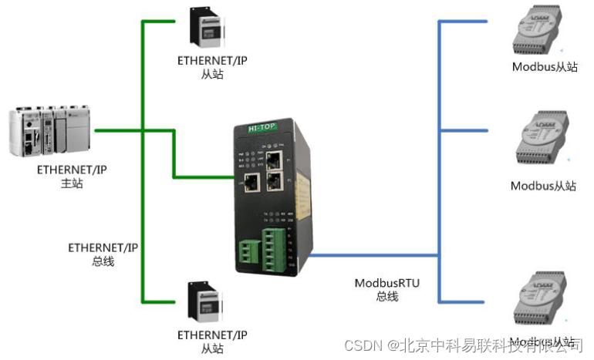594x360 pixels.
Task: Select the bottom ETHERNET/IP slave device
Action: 206,303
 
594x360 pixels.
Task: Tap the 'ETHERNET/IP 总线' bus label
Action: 103,254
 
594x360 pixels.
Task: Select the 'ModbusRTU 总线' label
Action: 386,289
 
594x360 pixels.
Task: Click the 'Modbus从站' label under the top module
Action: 545,67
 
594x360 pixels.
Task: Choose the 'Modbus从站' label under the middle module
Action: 543,186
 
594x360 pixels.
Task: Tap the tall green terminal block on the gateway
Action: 275,247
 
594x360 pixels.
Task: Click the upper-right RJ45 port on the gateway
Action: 274,160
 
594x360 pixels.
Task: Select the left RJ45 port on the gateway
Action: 251,182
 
